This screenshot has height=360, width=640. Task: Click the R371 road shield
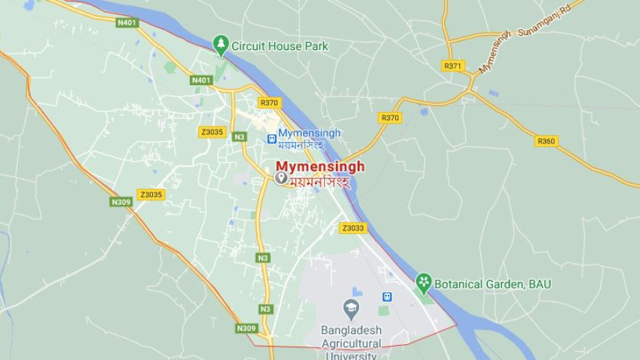tap(453, 66)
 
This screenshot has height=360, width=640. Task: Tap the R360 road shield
tap(547, 140)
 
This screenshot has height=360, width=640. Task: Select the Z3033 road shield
tap(352, 228)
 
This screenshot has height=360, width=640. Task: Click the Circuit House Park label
tap(279, 46)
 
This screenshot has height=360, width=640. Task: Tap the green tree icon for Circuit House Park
tap(220, 45)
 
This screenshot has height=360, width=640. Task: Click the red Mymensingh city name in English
tap(320, 167)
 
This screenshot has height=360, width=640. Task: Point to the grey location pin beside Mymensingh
tap(282, 178)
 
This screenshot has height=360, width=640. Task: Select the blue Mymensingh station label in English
tap(309, 133)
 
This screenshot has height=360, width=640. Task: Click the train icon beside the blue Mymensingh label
tap(272, 138)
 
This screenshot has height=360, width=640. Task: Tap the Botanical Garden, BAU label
tap(493, 284)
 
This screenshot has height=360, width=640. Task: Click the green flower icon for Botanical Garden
tap(423, 282)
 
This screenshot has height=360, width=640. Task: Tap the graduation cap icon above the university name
tap(351, 307)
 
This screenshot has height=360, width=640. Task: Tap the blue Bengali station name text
tap(301, 145)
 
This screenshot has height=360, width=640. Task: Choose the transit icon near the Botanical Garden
tap(387, 297)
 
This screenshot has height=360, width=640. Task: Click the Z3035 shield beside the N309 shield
tap(151, 194)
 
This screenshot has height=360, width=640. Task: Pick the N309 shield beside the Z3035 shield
tap(121, 202)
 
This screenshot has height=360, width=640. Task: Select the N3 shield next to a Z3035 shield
tap(239, 137)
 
